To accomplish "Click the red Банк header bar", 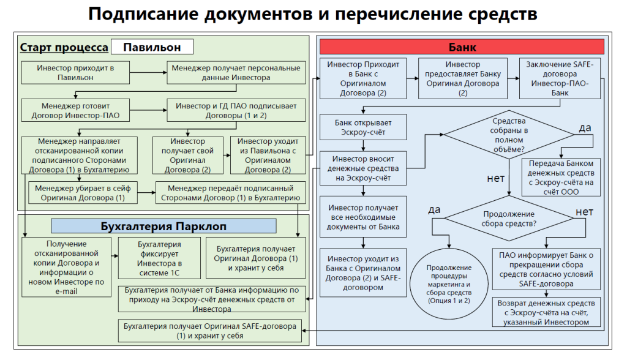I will (462, 47).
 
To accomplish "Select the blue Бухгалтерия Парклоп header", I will (163, 227).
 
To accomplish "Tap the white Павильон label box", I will (152, 47).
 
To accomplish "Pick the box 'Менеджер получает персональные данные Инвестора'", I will (236, 73).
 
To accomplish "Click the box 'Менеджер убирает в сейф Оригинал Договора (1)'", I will (83, 193).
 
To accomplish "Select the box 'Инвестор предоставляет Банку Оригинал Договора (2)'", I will (463, 78).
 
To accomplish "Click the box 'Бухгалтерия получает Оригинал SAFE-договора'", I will (209, 331).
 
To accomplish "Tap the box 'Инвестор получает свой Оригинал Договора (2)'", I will (188, 155).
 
